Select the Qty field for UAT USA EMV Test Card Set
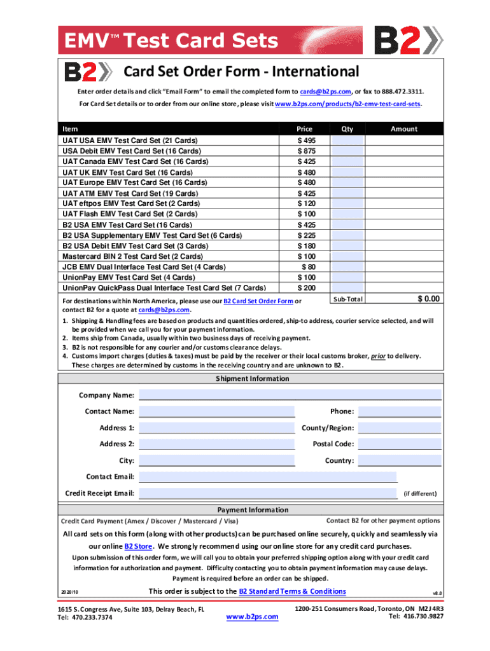tap(347, 140)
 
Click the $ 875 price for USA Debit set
tap(306, 151)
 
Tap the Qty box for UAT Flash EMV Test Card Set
tap(347, 214)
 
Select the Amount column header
tap(403, 129)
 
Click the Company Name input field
tap(290, 395)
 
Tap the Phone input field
tap(399, 411)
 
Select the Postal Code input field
tap(399, 444)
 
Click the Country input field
tap(399, 460)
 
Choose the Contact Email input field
tap(267, 477)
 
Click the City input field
tap(216, 460)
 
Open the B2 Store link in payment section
tap(138, 547)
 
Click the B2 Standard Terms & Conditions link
tap(292, 591)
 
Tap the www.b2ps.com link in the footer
tap(253, 617)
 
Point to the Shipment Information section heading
tap(252, 379)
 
